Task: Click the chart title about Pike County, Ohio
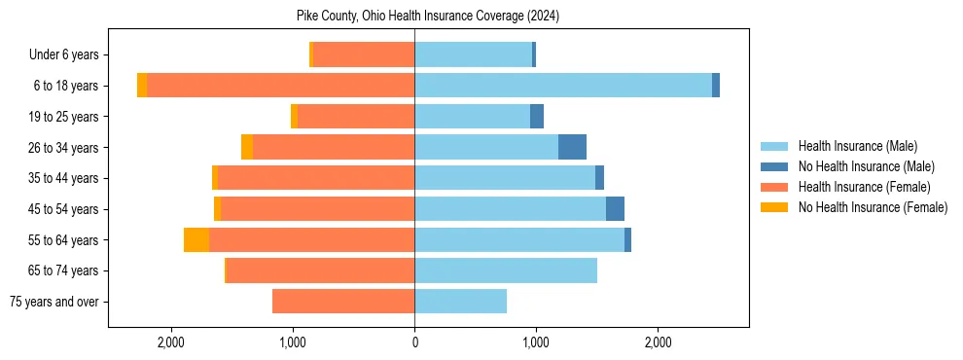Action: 428,17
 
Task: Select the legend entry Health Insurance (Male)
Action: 857,146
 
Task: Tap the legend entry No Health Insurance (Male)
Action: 866,166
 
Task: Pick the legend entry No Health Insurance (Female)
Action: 873,207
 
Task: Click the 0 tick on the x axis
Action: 414,342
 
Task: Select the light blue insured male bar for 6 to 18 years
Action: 563,86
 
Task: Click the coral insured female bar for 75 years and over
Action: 343,302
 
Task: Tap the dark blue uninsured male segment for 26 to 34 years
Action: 572,147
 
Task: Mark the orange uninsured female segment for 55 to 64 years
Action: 196,240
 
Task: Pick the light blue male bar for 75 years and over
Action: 460,302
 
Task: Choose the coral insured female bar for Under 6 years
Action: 364,55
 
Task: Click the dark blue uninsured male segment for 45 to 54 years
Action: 615,209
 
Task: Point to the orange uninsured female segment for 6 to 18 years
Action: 142,86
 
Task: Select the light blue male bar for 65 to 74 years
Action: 506,270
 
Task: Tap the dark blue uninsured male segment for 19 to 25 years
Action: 537,117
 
